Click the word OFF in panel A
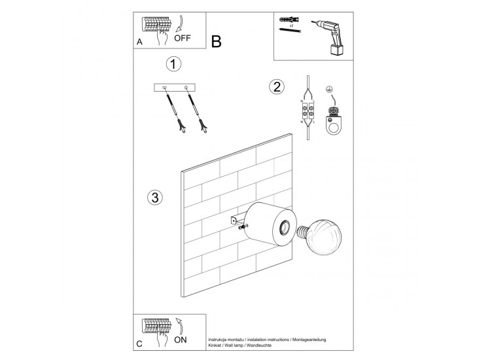(183, 37)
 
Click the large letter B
(217, 42)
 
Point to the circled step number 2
(277, 86)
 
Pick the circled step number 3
(154, 197)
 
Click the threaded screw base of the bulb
(303, 232)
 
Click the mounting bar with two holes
(174, 88)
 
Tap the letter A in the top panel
(139, 42)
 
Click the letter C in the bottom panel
(139, 344)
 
